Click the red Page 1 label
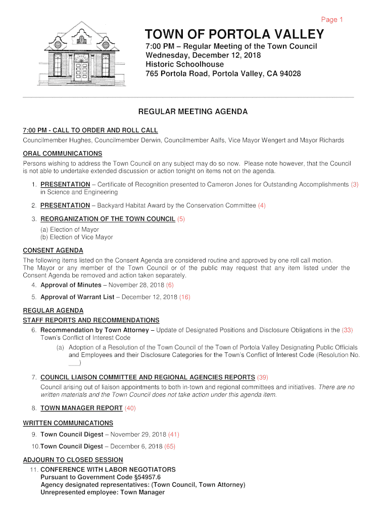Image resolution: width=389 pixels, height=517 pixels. coord(332,20)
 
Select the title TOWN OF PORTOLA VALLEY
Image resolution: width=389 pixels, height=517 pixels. coord(234,34)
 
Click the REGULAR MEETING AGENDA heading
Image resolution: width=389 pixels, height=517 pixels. coord(193,112)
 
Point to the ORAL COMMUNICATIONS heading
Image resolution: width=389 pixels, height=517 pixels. coord(63,153)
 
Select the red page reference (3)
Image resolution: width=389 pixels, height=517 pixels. coord(355,184)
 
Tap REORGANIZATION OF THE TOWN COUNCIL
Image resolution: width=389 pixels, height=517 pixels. coord(108,219)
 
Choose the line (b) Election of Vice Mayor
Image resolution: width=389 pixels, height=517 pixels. coord(77,237)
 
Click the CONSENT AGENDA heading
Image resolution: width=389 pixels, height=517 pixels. coord(53,250)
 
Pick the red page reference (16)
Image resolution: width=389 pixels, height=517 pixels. coord(184,297)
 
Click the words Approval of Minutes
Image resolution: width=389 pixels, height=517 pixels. coord(71,285)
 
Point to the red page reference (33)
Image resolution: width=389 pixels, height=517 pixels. coord(348,330)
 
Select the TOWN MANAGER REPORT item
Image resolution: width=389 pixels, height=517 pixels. coord(81,408)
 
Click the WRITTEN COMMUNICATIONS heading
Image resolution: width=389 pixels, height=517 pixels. coord(68,423)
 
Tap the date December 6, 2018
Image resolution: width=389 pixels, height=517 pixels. coord(136,446)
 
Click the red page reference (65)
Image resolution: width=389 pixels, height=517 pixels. coord(170,446)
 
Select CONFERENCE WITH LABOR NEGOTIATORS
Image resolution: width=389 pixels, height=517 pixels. coord(108,470)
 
